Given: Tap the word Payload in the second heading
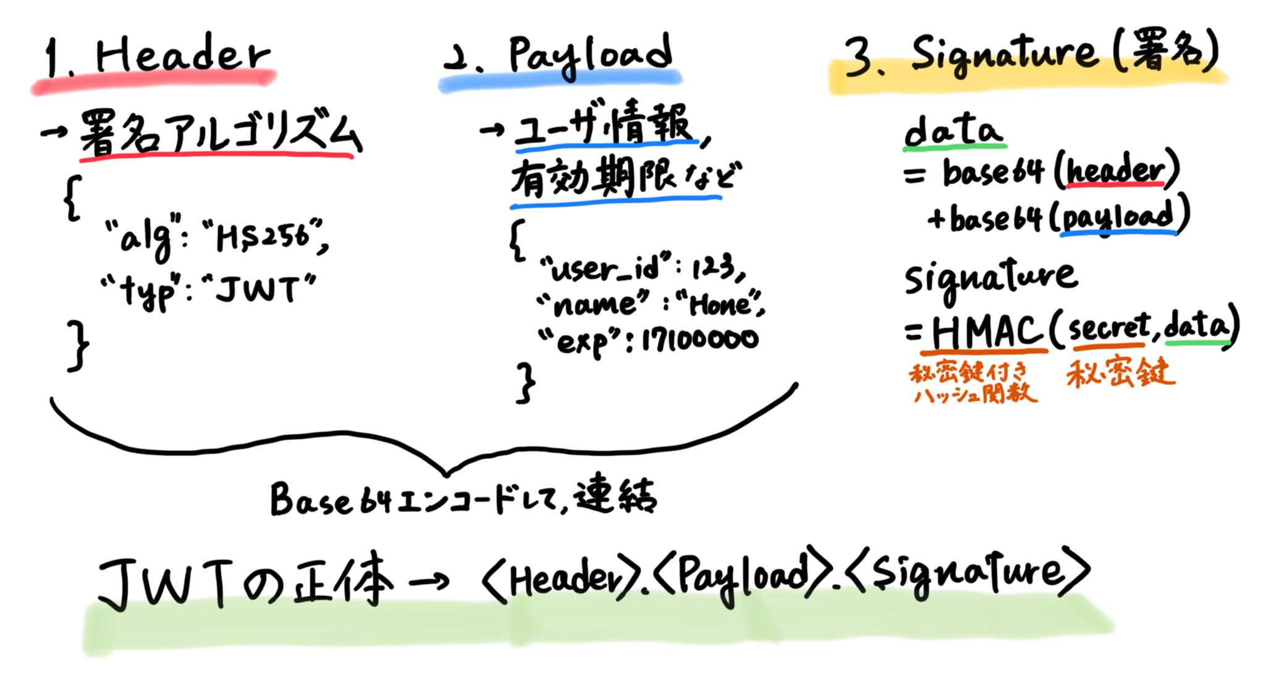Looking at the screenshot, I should tap(590, 54).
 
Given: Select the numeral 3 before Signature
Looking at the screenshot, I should tap(862, 57).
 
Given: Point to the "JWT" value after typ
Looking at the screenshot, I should tap(260, 288).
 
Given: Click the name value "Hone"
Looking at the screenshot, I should tap(720, 304).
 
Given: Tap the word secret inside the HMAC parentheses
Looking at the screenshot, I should tap(1108, 327).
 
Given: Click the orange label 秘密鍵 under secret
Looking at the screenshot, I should tap(1120, 372).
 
